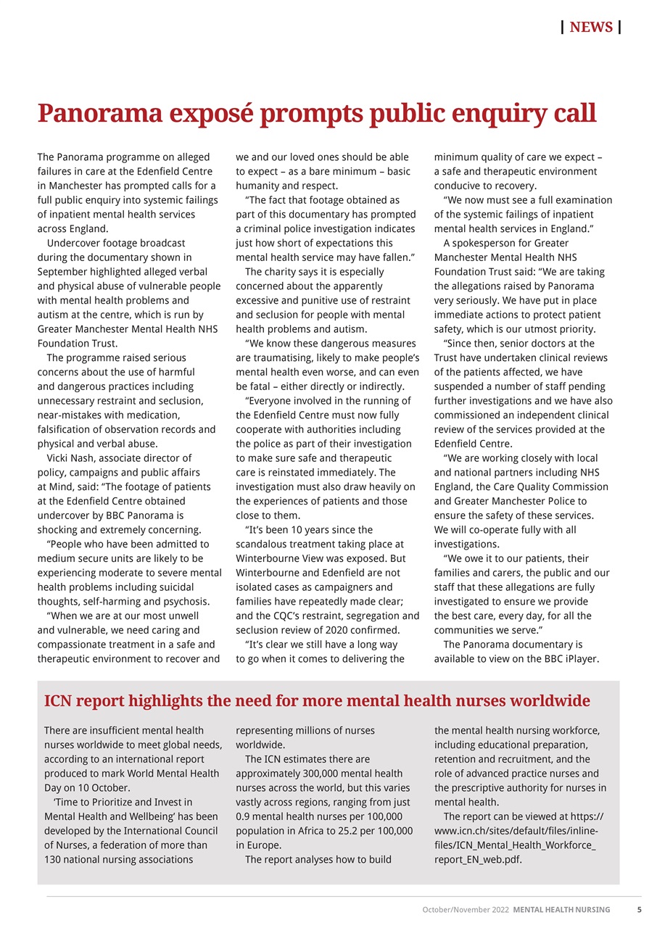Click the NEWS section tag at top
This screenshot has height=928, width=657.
(x=591, y=28)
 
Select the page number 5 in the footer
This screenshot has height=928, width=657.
(x=639, y=909)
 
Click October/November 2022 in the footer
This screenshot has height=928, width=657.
(x=466, y=909)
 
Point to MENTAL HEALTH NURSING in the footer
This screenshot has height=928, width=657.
(x=561, y=909)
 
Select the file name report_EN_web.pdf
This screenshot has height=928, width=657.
(x=477, y=860)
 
